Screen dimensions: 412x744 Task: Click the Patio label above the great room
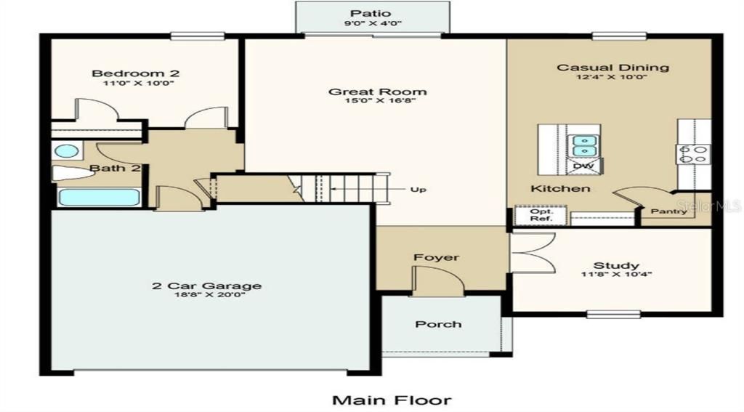371,13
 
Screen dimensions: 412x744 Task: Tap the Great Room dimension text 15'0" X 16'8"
377,102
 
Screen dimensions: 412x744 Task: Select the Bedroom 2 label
135,73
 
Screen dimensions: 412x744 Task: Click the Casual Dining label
612,68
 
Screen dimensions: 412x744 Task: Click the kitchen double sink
582,146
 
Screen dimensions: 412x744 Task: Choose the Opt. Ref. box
541,215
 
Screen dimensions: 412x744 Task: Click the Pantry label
668,211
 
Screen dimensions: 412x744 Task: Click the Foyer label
437,257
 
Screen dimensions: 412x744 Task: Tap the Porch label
438,324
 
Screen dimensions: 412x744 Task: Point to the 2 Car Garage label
206,286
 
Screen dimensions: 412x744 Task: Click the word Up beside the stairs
418,190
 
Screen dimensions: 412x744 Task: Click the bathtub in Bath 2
99,198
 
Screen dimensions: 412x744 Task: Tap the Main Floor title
392,400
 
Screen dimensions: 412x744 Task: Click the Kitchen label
559,189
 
